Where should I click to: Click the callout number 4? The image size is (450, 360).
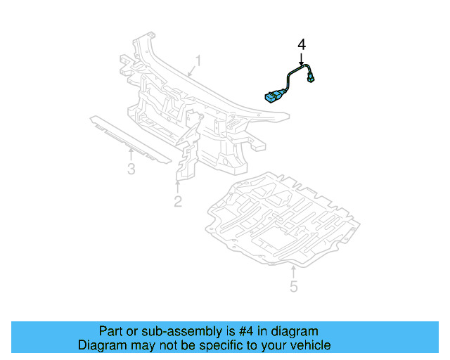[302, 44]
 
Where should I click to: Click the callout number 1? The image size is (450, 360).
[198, 61]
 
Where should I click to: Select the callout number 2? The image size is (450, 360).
[178, 202]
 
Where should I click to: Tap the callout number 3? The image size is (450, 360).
[131, 169]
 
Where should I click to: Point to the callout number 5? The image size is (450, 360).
[294, 286]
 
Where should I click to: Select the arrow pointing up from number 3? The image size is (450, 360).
[131, 153]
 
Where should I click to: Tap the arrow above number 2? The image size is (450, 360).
[178, 186]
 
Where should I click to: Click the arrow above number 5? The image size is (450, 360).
[293, 270]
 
